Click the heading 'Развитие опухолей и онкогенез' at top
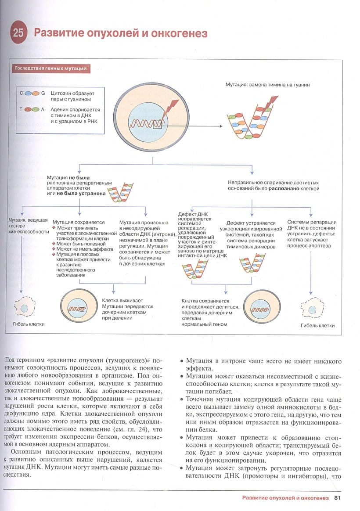point(121,33)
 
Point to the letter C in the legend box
point(21,93)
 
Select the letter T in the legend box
point(21,109)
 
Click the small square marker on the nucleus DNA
point(158,125)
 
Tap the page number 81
point(338,498)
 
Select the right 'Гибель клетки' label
point(317,325)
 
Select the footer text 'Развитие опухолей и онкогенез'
point(285,498)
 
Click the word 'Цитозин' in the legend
point(61,93)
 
